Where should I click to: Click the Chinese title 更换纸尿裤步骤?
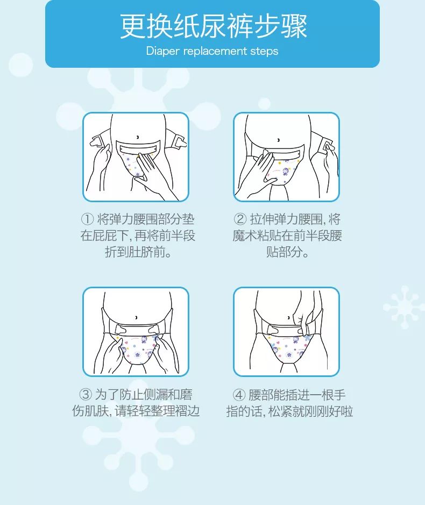coord(212,27)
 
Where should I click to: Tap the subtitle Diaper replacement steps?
coord(212,52)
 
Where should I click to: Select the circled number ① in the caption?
coord(87,219)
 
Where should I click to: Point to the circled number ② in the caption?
coord(240,219)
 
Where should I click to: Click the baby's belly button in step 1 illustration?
coord(138,137)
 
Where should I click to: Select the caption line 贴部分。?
coord(288,252)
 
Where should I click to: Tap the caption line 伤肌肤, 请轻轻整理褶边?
coord(136,411)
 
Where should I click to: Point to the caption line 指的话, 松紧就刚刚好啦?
coord(289,411)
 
